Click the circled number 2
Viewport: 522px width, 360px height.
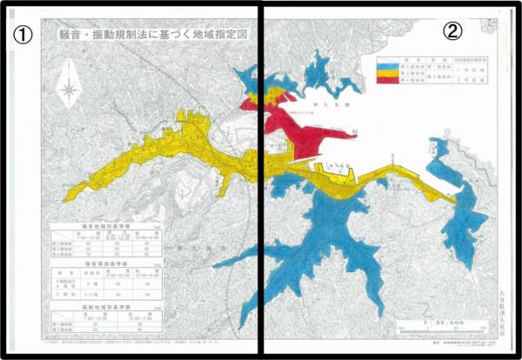452,31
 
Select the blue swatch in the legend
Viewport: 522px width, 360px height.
386,65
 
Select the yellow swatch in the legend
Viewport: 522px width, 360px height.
386,72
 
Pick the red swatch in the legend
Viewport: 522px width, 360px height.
386,79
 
